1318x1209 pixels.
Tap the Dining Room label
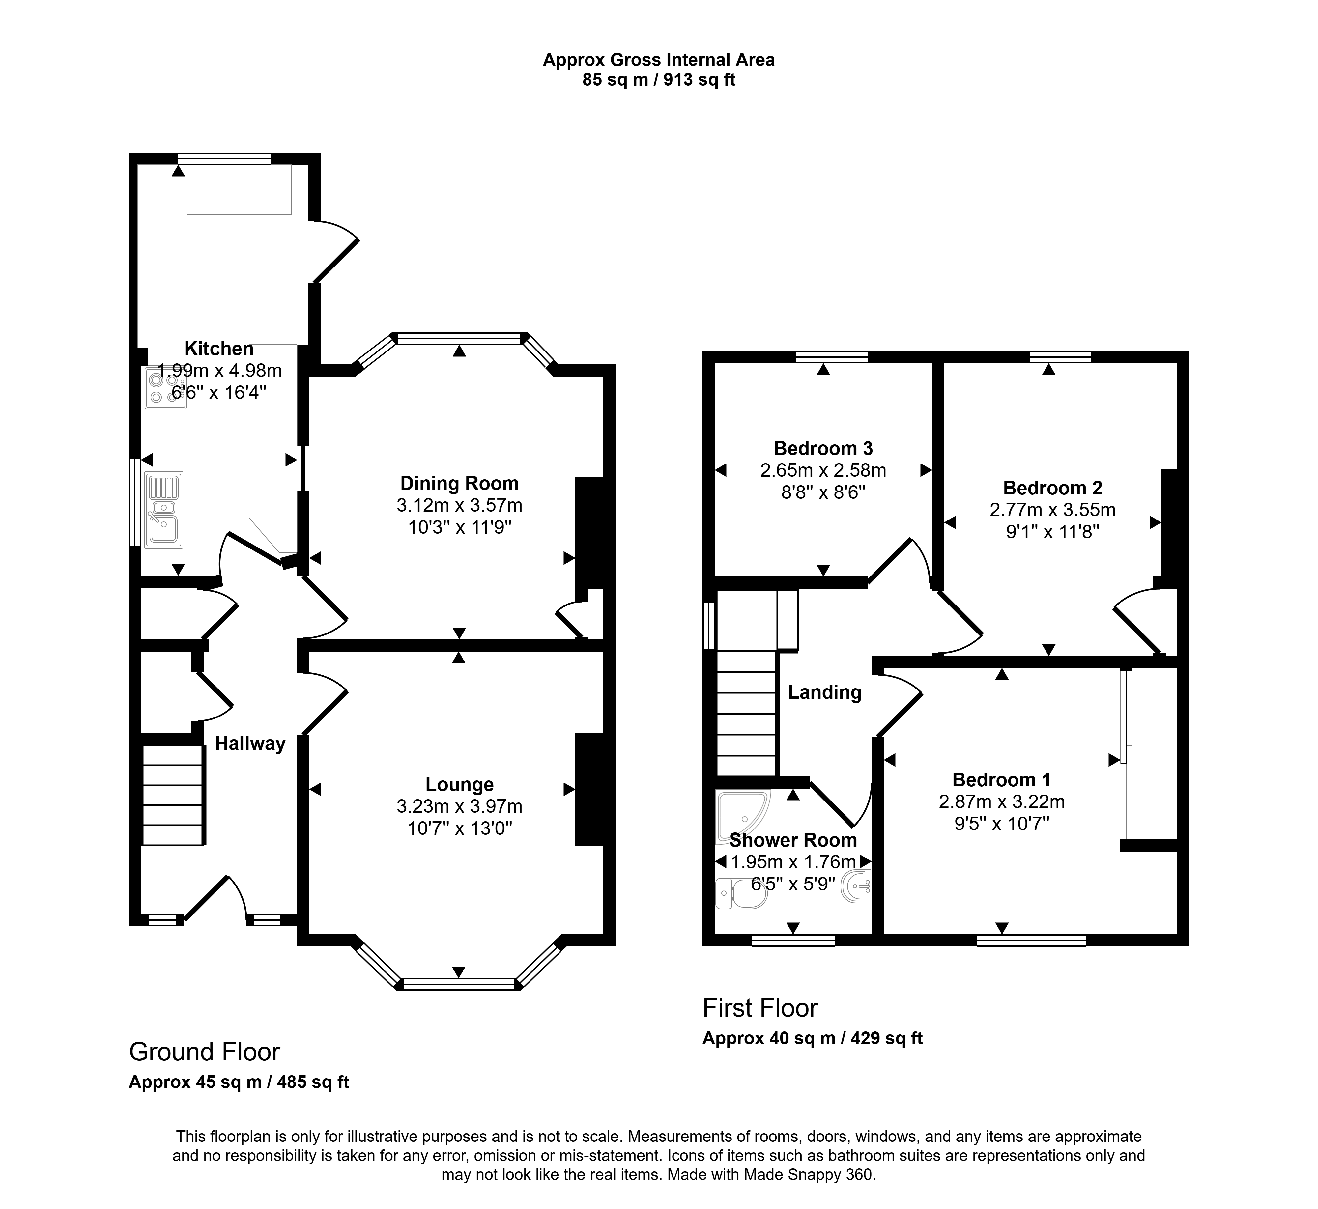pyautogui.click(x=459, y=484)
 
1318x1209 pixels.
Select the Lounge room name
pyautogui.click(x=459, y=784)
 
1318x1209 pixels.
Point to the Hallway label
pyautogui.click(x=250, y=744)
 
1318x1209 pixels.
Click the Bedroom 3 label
pyautogui.click(x=823, y=449)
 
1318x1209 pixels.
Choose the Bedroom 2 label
pyautogui.click(x=1052, y=488)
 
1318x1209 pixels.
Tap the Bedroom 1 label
pyautogui.click(x=1001, y=780)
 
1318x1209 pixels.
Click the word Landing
pyautogui.click(x=824, y=692)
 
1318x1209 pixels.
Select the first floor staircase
pyautogui.click(x=746, y=713)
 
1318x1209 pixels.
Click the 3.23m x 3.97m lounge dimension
pyautogui.click(x=459, y=807)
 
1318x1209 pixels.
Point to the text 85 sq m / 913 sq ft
pyautogui.click(x=659, y=80)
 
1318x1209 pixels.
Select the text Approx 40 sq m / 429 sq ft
pyautogui.click(x=812, y=1038)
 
